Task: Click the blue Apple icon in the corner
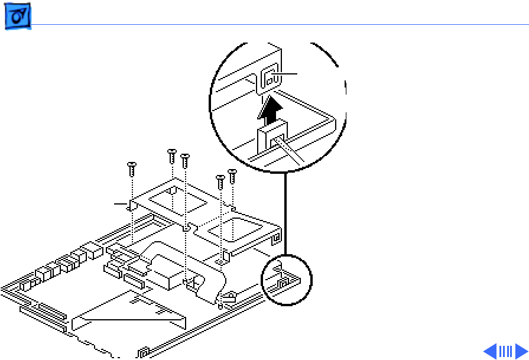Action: pos(18,20)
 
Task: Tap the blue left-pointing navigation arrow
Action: pos(490,351)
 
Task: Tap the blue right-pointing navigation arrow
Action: pos(521,351)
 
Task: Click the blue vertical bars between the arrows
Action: pos(505,351)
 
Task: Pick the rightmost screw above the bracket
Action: pos(232,175)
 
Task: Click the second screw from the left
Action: pos(172,155)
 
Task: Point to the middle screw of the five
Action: pos(185,159)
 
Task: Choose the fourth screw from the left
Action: pos(220,180)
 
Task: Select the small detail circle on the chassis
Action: pos(287,280)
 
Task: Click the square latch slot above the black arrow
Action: pos(269,78)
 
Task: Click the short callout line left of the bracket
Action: pos(121,204)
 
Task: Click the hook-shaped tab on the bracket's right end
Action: pos(275,238)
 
